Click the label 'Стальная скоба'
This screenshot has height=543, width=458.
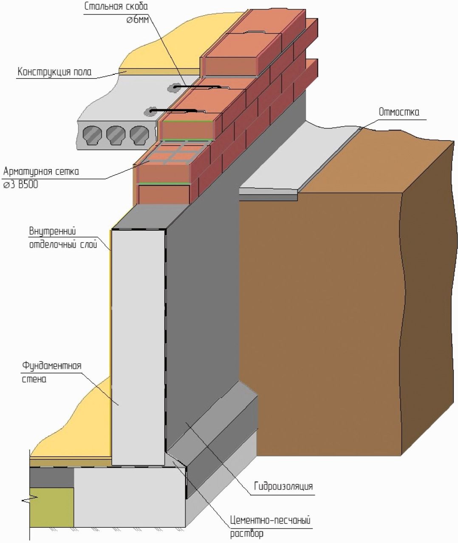pos(116,7)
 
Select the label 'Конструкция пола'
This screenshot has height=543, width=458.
pos(54,72)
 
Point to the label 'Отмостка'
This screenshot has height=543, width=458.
pos(399,112)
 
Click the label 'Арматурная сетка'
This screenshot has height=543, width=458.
pos(41,172)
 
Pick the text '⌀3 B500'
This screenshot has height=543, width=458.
pos(21,185)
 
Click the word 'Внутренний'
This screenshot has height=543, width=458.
pos(52,232)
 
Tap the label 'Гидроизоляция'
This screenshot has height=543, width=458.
pos(283,486)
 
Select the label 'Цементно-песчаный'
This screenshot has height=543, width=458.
pos(270,520)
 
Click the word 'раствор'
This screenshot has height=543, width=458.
pos(247,534)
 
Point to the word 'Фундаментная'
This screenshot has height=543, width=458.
pos(51,366)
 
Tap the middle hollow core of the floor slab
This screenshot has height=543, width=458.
pos(116,135)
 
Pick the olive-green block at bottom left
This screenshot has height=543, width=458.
pos(51,507)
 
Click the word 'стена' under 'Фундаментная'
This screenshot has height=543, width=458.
pos(34,379)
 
